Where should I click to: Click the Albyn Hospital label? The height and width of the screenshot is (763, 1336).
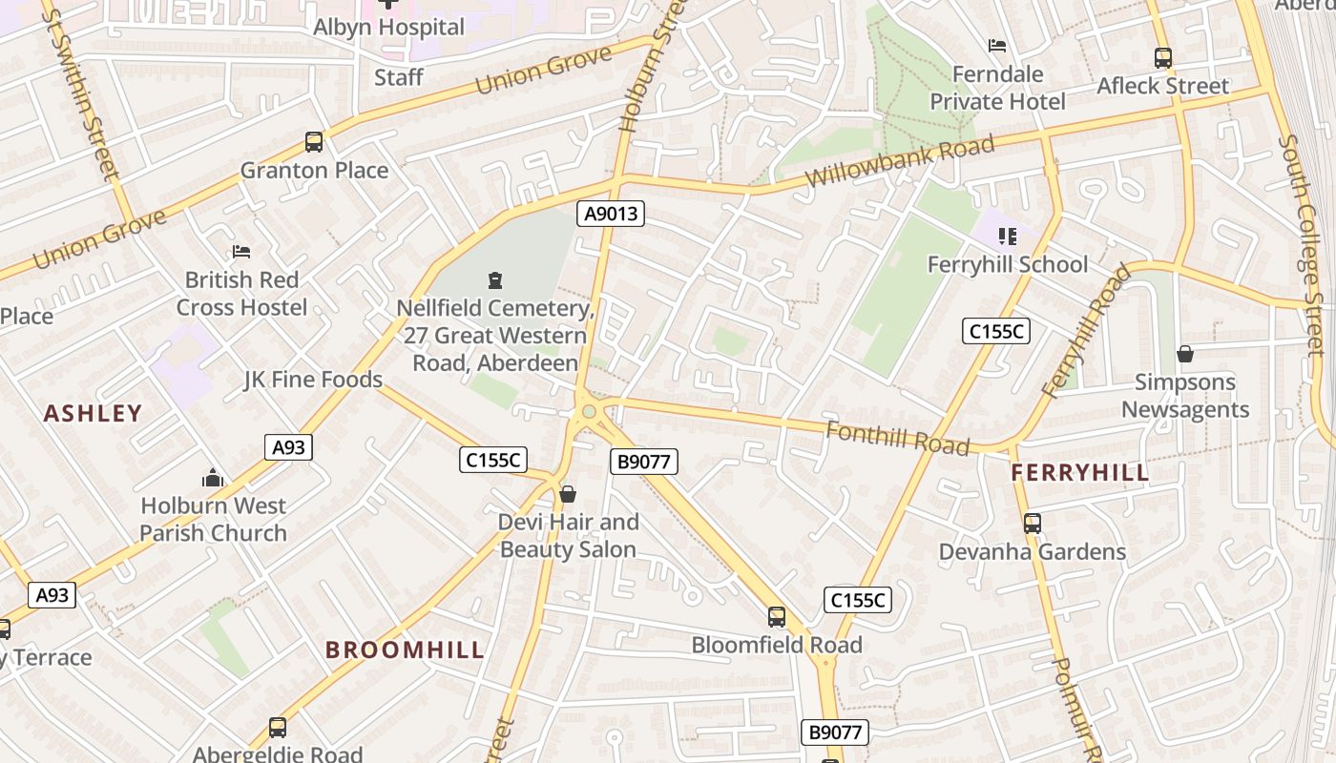[388, 27]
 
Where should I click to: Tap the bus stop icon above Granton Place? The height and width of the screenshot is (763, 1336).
[314, 142]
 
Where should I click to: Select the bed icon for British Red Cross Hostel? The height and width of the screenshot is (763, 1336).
[241, 252]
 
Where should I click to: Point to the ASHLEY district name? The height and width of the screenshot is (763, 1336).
[93, 413]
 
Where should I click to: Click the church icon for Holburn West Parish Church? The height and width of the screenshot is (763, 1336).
[213, 478]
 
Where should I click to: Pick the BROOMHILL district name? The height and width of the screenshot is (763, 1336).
[405, 650]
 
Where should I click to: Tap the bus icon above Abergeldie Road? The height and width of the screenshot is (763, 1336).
[278, 728]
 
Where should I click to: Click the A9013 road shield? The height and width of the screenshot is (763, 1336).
[611, 214]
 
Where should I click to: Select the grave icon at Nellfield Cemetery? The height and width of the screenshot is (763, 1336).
[495, 280]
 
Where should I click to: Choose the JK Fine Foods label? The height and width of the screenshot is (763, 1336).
[313, 380]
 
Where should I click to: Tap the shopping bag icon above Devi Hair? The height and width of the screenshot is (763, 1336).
[568, 494]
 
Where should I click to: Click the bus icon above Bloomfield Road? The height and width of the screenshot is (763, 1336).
[777, 617]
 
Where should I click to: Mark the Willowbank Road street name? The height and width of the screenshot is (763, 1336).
[899, 161]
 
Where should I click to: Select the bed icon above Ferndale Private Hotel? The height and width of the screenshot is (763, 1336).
[997, 46]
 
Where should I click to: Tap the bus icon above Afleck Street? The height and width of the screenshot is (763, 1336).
[1162, 57]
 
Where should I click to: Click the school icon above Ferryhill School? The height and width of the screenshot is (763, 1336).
[1007, 237]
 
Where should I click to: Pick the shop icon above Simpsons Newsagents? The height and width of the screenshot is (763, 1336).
[1185, 354]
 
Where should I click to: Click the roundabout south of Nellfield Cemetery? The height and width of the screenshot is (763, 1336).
[589, 412]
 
